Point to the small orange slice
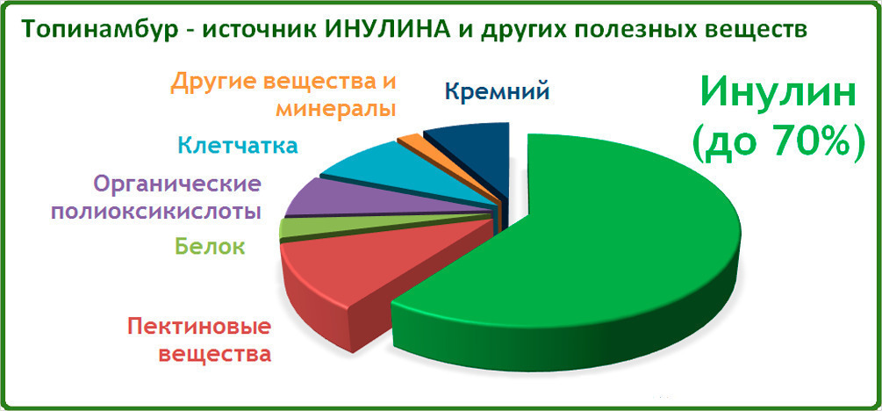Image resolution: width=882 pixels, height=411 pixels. point(410,141)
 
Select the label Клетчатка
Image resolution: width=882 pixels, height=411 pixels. point(237,146)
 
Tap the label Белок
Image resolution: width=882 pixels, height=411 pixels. point(210,246)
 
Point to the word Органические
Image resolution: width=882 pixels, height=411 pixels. point(177,184)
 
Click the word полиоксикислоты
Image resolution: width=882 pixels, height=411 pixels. point(156,212)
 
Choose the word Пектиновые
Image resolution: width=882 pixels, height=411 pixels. point(200,327)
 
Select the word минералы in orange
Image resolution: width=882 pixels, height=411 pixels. point(335,108)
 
